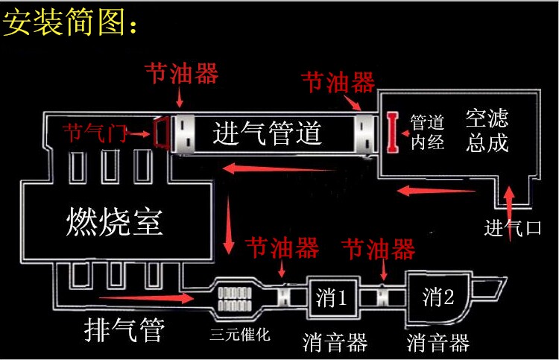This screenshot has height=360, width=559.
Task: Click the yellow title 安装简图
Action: coord(70,22)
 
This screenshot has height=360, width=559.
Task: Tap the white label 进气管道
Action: coord(268,133)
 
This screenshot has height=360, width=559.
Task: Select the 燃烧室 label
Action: coord(115,221)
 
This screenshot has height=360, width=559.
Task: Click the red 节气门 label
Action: coord(95,133)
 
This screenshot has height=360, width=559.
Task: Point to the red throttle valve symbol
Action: coord(161,133)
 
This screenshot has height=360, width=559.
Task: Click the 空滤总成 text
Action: coord(487,131)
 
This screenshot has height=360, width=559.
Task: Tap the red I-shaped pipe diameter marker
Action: coord(393,132)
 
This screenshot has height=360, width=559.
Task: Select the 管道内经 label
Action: coord(427,132)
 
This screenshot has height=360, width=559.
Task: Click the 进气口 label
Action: coord(513,228)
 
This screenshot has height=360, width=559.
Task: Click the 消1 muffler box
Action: coord(332,297)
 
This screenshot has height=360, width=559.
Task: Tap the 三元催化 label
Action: coord(240,335)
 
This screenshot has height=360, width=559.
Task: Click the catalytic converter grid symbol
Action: coord(235,299)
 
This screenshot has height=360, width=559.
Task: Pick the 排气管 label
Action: coord(124,329)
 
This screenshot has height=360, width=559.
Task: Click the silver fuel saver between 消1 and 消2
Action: coord(382,297)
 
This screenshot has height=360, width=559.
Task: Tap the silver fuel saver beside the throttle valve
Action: coord(183,133)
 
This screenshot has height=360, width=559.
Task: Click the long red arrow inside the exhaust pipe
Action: coord(146,297)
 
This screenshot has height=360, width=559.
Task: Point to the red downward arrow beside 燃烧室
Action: coord(228,225)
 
